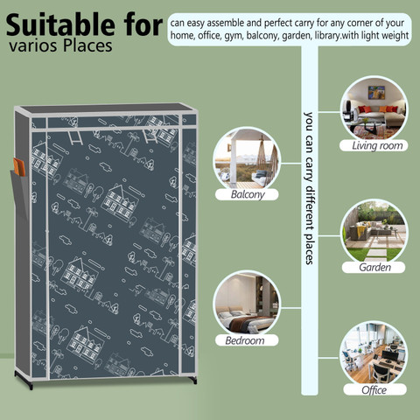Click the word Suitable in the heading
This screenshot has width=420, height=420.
point(60,25)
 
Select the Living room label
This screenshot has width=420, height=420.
point(374,145)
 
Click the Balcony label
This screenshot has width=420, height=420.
point(247,194)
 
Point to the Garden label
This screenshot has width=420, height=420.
point(374,267)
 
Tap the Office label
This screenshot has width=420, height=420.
point(374,389)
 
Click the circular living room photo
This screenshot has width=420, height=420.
point(374,108)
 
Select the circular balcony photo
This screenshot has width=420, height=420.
point(247,159)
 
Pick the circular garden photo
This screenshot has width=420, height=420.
point(374,232)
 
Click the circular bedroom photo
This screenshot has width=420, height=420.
point(247,304)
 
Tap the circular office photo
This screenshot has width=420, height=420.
point(374,354)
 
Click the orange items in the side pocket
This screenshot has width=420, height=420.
point(19,167)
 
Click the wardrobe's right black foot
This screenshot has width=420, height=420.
point(192,380)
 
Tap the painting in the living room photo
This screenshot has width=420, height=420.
point(376,93)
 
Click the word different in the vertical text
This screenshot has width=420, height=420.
point(309,206)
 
